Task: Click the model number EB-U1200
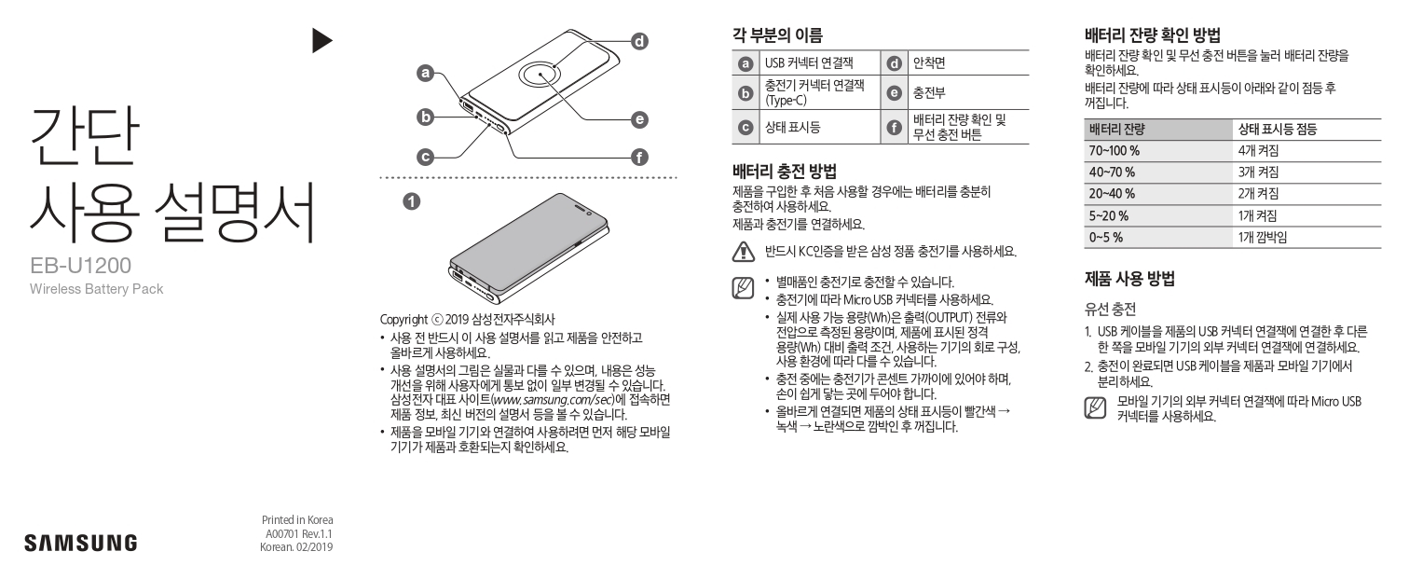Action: (x=79, y=267)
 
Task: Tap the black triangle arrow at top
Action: (x=321, y=39)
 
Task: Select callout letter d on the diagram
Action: (x=639, y=41)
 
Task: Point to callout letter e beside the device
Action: (x=639, y=119)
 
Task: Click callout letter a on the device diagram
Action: (x=426, y=72)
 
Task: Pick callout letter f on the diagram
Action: (x=639, y=157)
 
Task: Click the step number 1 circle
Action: (x=410, y=200)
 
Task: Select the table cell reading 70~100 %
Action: (x=1115, y=150)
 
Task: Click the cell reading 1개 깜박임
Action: (x=1263, y=238)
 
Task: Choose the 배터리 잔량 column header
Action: (x=1116, y=129)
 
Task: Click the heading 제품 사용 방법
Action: (x=1129, y=278)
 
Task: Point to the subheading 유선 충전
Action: (x=1110, y=308)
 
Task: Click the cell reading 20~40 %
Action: (x=1112, y=194)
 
